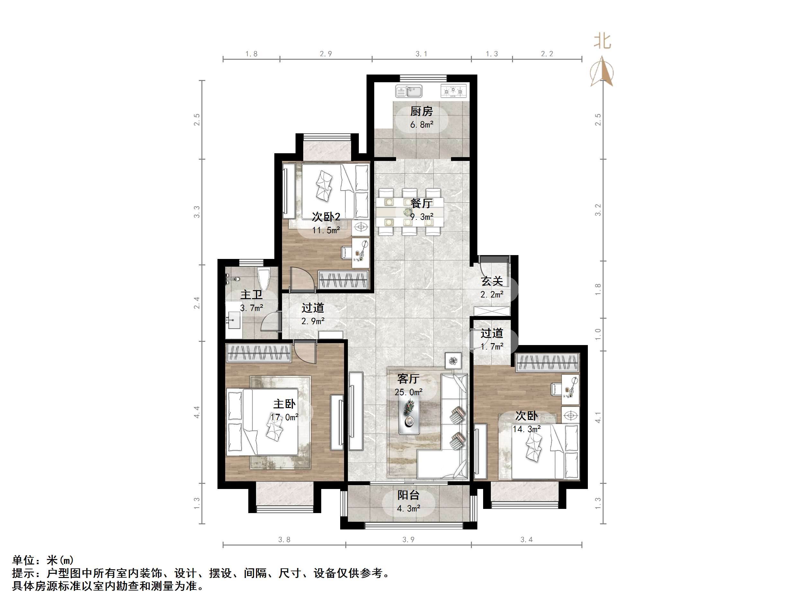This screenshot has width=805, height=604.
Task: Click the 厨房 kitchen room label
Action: click(x=421, y=111)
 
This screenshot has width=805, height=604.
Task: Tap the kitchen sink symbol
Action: click(x=409, y=91)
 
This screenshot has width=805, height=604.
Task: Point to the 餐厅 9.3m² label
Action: click(x=421, y=210)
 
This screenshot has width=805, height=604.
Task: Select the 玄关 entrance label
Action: click(x=492, y=281)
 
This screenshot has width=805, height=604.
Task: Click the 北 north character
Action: click(x=602, y=41)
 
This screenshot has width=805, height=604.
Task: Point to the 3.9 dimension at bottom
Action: click(x=408, y=539)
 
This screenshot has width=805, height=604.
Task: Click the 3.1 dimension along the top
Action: click(x=421, y=54)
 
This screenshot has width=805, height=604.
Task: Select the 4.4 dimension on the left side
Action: click(x=197, y=412)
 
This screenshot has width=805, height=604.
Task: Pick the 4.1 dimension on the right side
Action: click(x=598, y=417)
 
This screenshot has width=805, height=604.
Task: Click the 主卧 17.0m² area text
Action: click(x=284, y=410)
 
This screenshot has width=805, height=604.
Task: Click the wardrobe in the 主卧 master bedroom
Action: click(x=258, y=353)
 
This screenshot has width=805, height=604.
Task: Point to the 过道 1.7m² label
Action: click(x=492, y=339)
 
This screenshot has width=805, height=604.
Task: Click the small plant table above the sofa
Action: click(x=453, y=361)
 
